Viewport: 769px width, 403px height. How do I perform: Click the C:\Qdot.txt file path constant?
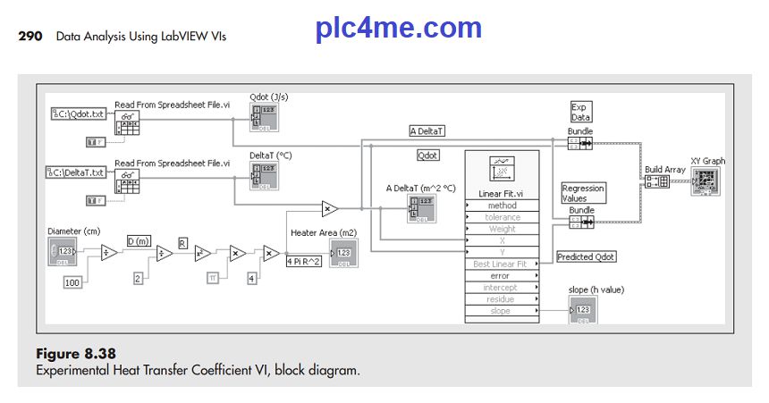pos(78,113)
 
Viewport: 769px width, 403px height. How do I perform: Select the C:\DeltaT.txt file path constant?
pos(78,172)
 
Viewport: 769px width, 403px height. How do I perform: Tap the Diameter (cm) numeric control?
pos(63,251)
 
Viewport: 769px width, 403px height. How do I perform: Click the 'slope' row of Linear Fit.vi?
pos(502,311)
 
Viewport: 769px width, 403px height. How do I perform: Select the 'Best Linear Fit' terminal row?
pos(502,264)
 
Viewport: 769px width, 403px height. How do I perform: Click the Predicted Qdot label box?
pos(587,256)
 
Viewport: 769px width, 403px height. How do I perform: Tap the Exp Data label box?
pos(581,112)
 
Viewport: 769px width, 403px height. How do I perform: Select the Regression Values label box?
pos(583,193)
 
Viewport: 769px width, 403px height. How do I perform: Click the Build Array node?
pos(659,182)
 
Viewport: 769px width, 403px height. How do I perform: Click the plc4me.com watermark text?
pos(399,29)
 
